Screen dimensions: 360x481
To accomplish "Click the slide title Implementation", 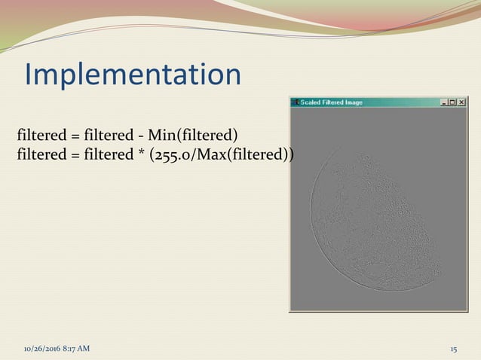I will coord(133,75).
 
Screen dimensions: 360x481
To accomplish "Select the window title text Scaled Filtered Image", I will coord(332,102).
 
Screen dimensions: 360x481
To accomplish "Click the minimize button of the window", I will coord(444,102).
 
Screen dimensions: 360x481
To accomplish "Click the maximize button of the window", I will coord(452,102).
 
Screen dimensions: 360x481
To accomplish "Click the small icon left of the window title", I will coord(295,102).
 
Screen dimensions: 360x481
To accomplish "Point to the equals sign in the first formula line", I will coord(75,136).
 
